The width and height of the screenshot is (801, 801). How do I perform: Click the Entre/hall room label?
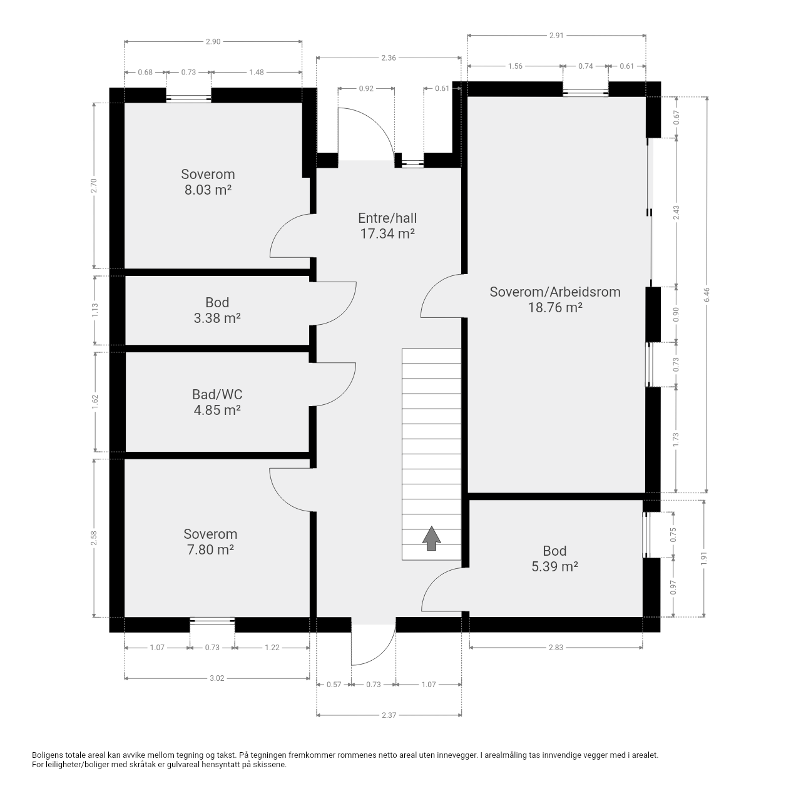pos(387,218)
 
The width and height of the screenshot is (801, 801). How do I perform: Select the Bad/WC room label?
pos(217,395)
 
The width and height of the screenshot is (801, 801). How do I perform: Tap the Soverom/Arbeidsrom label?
pos(555,292)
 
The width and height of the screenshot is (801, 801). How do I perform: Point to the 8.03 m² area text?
pos(208,190)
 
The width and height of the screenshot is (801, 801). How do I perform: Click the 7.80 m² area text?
pos(210,550)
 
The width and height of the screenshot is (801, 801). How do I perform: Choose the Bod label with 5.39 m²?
pos(554,551)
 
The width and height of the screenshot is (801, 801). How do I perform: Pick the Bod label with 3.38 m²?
pos(217,303)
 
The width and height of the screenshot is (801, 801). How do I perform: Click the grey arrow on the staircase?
pos(431,538)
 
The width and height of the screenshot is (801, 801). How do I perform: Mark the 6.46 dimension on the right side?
pos(707,295)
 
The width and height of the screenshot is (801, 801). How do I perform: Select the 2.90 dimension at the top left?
pos(213,42)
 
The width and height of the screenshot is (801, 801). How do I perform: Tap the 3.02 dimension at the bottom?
pos(217,678)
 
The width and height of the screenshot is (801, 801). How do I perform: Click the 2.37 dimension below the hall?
pos(389,715)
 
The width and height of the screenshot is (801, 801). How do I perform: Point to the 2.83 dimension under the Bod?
pos(556,647)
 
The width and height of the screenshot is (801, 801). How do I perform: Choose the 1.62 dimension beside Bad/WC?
pos(95,402)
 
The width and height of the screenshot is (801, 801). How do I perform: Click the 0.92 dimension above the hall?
pos(366,89)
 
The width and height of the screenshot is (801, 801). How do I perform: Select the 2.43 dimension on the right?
pos(676,212)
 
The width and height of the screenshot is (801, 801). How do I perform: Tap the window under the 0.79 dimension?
pos(188,99)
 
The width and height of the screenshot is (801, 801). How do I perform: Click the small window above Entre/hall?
pos(412,164)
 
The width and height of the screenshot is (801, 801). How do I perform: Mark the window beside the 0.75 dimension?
pos(646,534)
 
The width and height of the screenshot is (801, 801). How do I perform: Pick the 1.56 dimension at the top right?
pos(515,66)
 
